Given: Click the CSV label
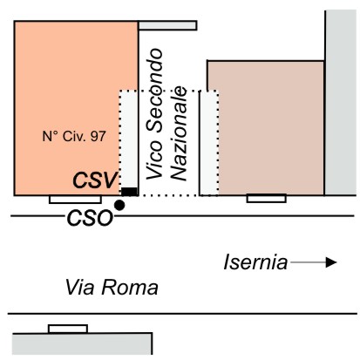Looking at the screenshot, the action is coord(96,180).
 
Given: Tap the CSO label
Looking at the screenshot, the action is coord(90,218).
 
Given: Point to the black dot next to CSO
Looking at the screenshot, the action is coord(119,205).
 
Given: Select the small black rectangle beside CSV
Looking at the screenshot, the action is coord(129,192).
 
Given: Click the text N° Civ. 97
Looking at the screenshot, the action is coord(74,136).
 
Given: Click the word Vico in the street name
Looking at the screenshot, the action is coord(154,160).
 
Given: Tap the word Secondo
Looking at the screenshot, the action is coord(154,92).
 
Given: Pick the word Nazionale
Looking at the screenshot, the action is coord(178,133).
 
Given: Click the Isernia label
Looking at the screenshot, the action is coord(255,262).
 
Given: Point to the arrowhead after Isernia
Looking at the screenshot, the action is coord(331,262).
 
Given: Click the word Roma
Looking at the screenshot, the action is coord(130,288).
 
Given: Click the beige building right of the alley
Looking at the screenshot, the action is coord(271,128).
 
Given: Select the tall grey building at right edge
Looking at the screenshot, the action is coord(341,103).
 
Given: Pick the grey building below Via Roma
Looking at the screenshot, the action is coord(82,343).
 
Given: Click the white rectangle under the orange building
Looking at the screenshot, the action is coord(75,200).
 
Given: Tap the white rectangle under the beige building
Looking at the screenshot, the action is coord(267,198).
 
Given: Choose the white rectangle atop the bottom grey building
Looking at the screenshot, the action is coord(68,329).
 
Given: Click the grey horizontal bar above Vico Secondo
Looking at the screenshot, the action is coord(167,25).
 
